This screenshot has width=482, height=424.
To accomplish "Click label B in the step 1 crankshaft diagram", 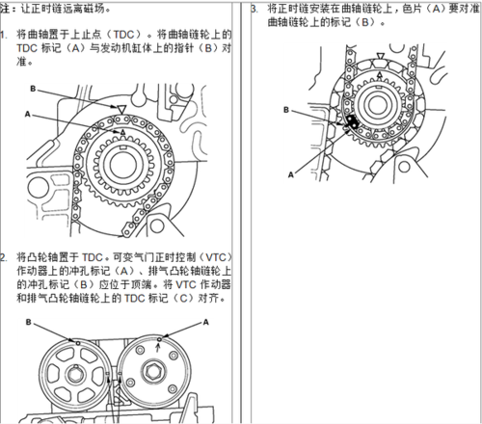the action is tap(33, 89).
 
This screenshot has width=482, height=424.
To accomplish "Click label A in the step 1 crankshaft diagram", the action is tap(28, 114).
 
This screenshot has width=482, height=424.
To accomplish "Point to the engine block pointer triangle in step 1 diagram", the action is tap(120, 109).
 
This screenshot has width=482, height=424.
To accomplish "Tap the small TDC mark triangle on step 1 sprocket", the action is tap(122, 132).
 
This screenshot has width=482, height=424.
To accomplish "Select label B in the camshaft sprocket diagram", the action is tap(29, 322).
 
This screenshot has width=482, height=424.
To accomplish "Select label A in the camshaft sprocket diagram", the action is tap(206, 322).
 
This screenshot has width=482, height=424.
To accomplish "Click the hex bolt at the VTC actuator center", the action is tap(153, 371).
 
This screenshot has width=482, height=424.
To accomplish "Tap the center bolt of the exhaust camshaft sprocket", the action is tap(76, 374).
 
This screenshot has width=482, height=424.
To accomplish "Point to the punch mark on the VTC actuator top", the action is tap(159, 339).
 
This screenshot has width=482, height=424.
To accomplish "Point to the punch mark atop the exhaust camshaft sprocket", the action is tap(78, 343).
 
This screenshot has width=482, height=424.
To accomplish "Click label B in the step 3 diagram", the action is tap(286, 110).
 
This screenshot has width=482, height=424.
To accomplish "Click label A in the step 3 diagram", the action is tap(291, 174).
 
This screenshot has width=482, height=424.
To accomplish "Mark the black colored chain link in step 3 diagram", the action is tap(352, 122).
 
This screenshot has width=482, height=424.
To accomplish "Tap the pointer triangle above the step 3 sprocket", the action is tap(380, 56).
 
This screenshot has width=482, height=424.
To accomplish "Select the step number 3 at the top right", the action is tap(254, 9).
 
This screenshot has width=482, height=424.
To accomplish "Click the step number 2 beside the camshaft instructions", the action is tap(3, 257).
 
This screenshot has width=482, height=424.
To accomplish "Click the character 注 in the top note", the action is tap(5, 9).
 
